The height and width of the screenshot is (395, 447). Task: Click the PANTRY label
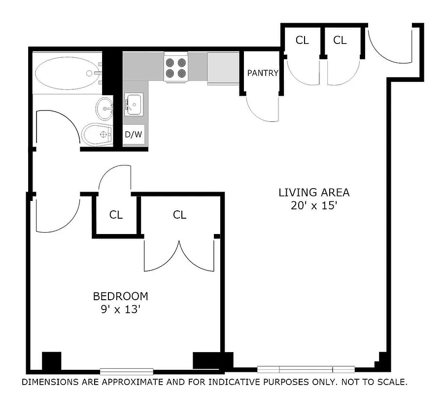point(263,73)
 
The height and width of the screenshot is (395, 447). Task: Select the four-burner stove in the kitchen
point(176,68)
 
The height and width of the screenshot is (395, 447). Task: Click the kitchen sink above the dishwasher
point(133,104)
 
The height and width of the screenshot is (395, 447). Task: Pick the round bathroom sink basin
point(104,108)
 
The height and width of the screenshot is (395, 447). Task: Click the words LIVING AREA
point(314,193)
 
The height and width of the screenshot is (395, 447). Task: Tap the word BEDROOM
point(121,296)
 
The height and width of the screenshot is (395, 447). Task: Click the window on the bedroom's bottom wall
point(127,371)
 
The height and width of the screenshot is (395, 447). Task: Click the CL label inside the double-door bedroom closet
point(180,215)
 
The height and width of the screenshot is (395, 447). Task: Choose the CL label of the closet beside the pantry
point(302,40)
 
